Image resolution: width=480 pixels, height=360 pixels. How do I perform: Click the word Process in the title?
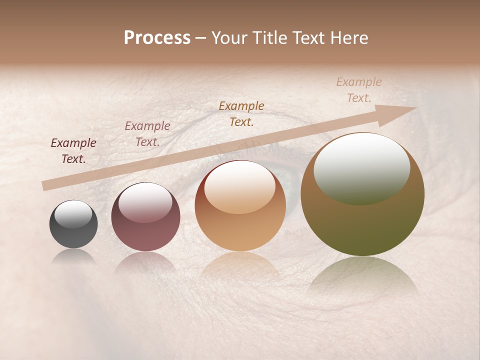[x=157, y=37]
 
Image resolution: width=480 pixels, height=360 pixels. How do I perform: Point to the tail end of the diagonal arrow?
[x=44, y=186]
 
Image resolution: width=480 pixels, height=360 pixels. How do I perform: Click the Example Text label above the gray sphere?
[x=73, y=151]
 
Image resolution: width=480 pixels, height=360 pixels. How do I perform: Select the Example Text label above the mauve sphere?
[x=147, y=134]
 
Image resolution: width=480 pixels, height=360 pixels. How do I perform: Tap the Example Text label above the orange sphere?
[x=241, y=113]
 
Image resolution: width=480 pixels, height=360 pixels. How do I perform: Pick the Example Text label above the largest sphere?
[x=359, y=90]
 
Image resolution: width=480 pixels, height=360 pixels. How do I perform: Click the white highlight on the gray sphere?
[x=73, y=214]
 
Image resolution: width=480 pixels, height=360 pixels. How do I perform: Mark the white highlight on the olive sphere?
[x=361, y=167]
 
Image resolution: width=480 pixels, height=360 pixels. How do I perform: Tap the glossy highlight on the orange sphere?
[x=240, y=189]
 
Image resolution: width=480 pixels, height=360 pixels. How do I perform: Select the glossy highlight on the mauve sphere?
[x=145, y=202]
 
